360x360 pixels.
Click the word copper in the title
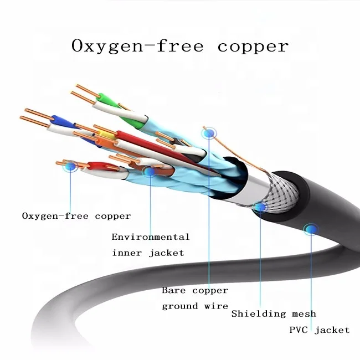pos(253,47)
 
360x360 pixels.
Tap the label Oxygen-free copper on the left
pos(76,216)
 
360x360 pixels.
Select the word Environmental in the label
pos(151,237)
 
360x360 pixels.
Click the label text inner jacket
pos(148,253)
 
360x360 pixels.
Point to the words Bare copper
pos(194,290)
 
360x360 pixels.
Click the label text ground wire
pos(194,306)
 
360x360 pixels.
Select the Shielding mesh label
pos(274,314)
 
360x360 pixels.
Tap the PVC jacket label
pos(320,330)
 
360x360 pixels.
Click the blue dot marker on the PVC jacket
pos(311,228)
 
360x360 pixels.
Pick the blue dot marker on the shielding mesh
pos(260,207)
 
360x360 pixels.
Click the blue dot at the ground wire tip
pos(209,132)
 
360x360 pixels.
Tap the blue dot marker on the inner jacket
pos(149,171)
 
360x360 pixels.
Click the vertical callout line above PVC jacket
pos(311,277)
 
